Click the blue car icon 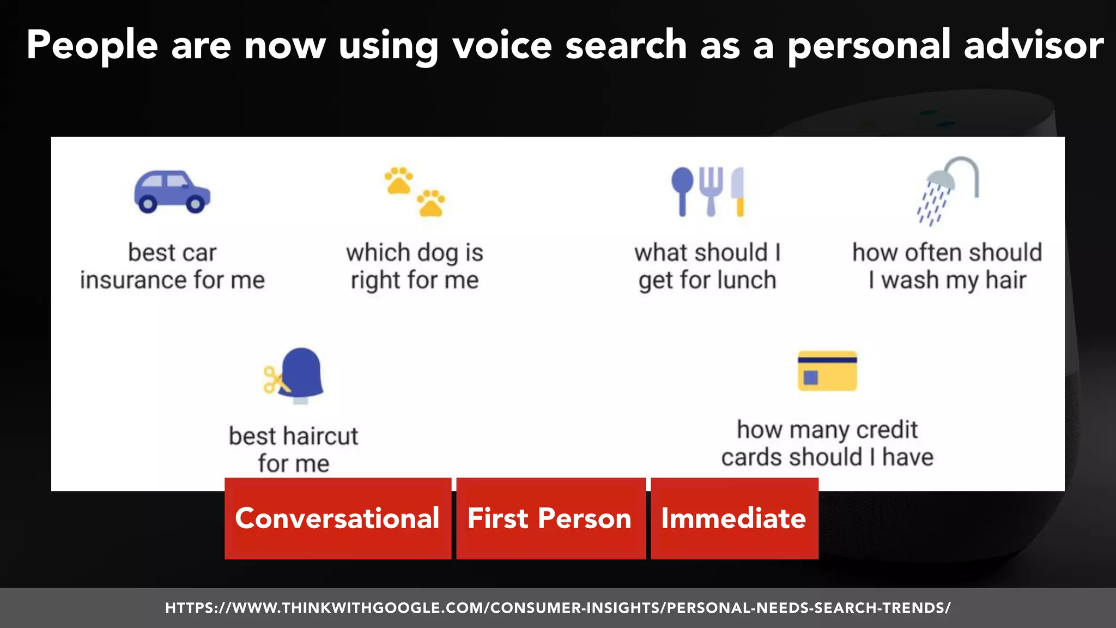click(x=172, y=192)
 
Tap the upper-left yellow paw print click(x=399, y=180)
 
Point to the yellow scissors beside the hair click(x=274, y=380)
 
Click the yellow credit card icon click(x=827, y=371)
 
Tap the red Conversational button click(x=337, y=518)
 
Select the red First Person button click(x=550, y=518)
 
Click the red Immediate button click(x=733, y=518)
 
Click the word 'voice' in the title click(x=502, y=45)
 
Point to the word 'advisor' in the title click(x=1034, y=45)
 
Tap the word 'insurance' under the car click(x=134, y=280)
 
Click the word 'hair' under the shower click(x=1006, y=280)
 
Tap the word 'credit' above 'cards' click(x=887, y=430)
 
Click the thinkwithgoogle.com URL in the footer click(x=558, y=608)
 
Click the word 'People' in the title click(x=92, y=45)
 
